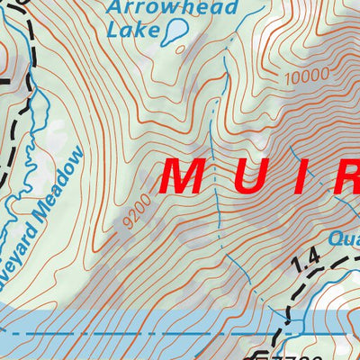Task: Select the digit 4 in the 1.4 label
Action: pyautogui.click(x=312, y=262)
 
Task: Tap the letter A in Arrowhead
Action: pyautogui.click(x=114, y=9)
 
